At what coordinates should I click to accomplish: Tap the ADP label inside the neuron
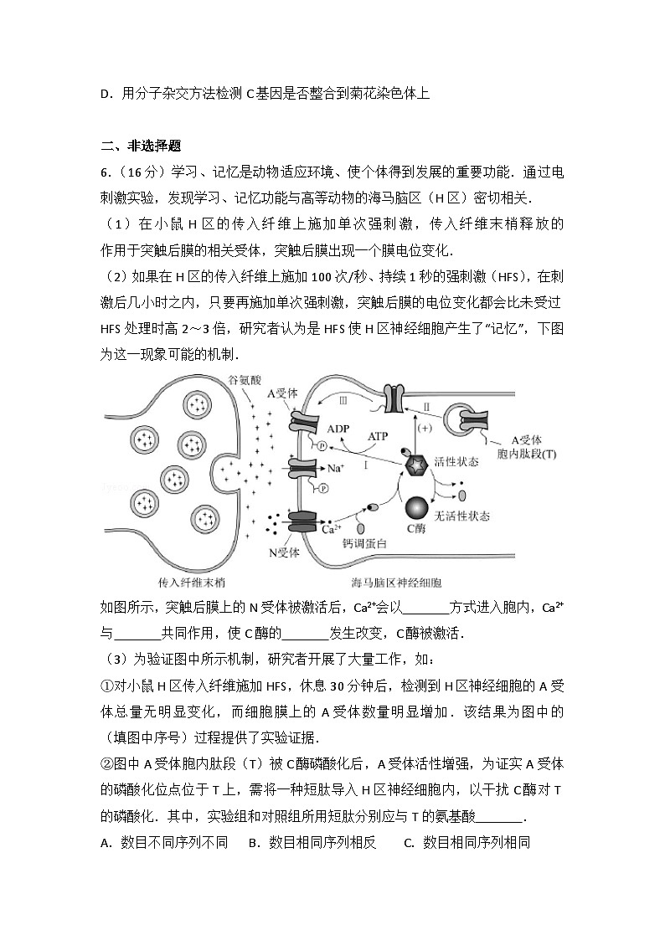(x=338, y=428)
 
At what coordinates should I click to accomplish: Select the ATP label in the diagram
(x=379, y=436)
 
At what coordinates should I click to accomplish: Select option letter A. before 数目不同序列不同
(x=106, y=843)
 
